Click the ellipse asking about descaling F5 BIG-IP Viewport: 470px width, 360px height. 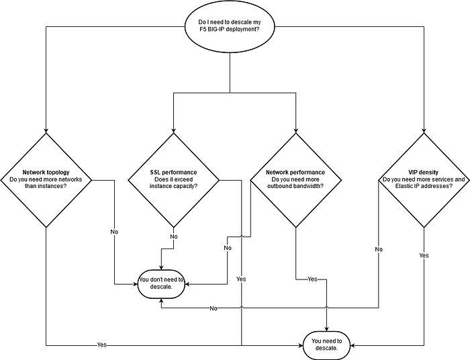tap(230, 26)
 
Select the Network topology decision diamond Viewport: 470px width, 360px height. tap(46, 180)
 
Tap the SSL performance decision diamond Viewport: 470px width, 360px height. tap(173, 180)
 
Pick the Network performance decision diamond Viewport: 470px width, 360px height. tap(296, 180)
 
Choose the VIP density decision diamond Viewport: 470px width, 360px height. tap(424, 180)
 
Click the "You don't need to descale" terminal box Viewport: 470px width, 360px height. tap(161, 284)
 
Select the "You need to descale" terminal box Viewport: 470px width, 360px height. tap(327, 345)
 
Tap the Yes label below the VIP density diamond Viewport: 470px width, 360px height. tap(424, 255)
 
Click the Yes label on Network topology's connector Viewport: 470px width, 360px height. tap(102, 345)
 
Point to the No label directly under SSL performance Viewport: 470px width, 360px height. tap(174, 236)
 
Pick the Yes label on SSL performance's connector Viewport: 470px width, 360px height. tap(241, 279)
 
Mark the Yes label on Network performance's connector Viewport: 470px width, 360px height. tap(312, 279)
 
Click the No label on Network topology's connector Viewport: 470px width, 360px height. tap(114, 232)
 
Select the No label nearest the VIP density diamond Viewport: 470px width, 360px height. tap(379, 249)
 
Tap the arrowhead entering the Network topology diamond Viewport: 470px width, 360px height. tap(46, 131)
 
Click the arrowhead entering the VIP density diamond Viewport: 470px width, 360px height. tap(424, 131)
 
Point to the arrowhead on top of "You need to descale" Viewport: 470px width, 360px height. tap(327, 329)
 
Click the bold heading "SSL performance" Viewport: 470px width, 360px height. tap(173, 173)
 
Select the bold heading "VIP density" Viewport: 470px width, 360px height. tap(423, 173)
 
